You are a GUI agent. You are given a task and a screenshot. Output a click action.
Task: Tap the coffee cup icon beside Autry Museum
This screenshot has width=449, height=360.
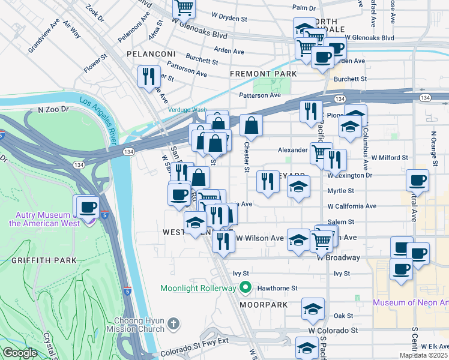click(x=88, y=207)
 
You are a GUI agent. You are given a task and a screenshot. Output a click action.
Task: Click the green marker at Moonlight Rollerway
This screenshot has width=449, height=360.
click(x=245, y=288)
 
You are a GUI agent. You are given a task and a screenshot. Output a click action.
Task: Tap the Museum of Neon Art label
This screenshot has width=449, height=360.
click(x=411, y=302)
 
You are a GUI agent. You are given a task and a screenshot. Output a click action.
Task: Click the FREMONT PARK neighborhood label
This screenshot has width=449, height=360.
click(x=264, y=74)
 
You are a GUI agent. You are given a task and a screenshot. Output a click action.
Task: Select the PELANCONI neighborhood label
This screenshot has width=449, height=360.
click(x=150, y=54)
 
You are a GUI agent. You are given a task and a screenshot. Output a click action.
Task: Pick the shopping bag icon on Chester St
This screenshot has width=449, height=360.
click(x=251, y=125)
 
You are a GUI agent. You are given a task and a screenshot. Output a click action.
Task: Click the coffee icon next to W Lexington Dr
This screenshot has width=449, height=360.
click(x=417, y=180)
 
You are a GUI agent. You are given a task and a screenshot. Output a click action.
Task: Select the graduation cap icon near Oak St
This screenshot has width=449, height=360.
click(x=312, y=309)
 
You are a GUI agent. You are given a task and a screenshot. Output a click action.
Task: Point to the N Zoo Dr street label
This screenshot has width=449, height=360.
click(x=54, y=110)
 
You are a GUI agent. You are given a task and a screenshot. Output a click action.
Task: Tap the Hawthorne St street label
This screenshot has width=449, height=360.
click(x=277, y=288)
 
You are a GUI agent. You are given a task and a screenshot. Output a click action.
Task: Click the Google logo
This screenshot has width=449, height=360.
click(x=20, y=353)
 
